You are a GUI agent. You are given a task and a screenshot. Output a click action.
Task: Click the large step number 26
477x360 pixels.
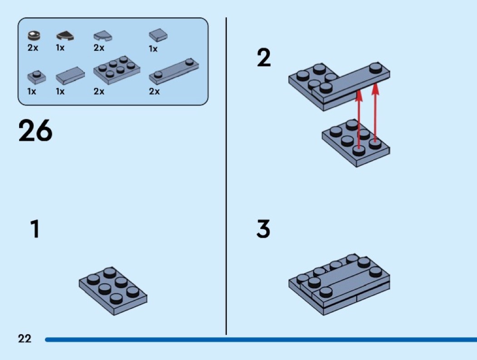point(35,130)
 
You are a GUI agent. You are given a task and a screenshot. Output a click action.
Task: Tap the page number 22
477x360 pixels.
point(25,338)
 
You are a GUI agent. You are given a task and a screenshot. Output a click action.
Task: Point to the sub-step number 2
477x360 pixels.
point(263,58)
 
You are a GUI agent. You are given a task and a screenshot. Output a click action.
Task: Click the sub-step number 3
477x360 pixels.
point(263,229)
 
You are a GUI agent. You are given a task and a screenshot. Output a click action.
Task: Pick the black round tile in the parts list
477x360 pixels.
point(34,35)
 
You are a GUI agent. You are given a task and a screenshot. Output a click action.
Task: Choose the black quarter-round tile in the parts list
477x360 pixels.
point(65,36)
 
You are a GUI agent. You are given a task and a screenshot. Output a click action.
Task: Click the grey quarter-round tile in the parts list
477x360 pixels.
point(103,36)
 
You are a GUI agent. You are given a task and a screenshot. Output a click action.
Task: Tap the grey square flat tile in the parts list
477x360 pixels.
point(158,35)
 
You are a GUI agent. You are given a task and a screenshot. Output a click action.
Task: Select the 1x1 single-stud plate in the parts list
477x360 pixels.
point(36,77)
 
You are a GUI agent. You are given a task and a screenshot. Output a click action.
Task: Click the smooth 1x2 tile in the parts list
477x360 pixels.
point(70,76)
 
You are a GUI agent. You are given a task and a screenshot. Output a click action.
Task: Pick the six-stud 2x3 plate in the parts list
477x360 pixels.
point(116,70)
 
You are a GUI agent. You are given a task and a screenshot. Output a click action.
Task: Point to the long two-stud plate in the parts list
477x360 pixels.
point(174,71)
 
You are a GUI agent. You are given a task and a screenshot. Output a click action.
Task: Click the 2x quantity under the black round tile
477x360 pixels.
point(33,48)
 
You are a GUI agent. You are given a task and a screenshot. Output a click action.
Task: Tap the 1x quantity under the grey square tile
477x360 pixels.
point(153,49)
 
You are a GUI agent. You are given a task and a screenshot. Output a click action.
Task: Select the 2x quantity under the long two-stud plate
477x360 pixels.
point(154,91)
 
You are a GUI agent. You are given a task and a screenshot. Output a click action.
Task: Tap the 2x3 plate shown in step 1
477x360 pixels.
point(113,291)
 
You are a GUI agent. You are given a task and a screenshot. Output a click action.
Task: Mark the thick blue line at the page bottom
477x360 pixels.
point(261,339)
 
